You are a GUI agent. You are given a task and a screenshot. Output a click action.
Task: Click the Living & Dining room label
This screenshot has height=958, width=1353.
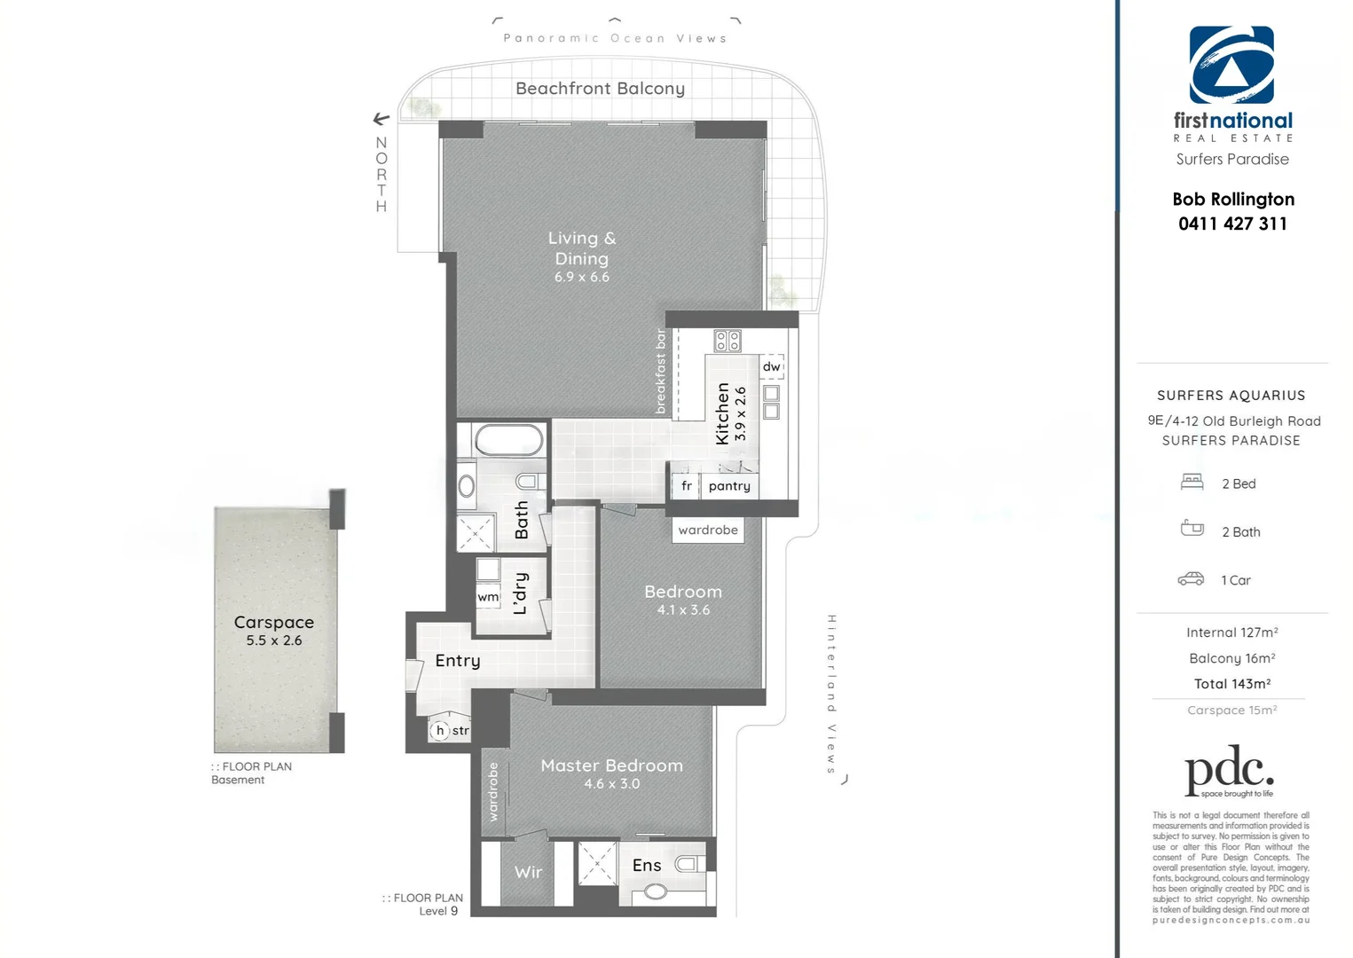click(x=581, y=248)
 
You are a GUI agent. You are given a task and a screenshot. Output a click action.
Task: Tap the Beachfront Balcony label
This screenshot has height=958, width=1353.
click(x=600, y=89)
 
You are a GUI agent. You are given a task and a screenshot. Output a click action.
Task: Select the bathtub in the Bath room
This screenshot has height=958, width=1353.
click(x=508, y=440)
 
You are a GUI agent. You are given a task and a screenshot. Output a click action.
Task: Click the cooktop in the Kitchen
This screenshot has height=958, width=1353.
click(x=728, y=341)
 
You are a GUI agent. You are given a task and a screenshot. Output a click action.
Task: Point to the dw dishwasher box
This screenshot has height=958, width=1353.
click(x=772, y=366)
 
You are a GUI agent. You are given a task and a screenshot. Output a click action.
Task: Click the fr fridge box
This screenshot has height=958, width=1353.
click(x=686, y=486)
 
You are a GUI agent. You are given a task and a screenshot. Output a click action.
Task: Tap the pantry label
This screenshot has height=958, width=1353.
click(x=729, y=486)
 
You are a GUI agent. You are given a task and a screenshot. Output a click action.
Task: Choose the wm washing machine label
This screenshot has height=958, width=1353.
click(x=488, y=597)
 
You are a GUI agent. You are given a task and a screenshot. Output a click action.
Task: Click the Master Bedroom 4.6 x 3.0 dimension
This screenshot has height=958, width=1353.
click(x=611, y=784)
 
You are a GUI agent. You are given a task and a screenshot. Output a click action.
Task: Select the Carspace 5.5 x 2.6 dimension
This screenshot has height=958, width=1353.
click(x=274, y=640)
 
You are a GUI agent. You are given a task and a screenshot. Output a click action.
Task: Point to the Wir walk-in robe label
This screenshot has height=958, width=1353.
click(x=528, y=872)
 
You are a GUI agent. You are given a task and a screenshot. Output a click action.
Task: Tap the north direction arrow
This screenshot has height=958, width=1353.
click(x=382, y=119)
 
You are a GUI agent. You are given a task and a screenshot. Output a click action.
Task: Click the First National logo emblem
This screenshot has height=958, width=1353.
click(x=1231, y=65)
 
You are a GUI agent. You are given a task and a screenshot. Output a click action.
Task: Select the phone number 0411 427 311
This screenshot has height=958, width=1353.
click(x=1232, y=224)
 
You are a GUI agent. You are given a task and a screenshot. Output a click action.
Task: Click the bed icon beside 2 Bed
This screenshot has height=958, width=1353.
click(x=1192, y=483)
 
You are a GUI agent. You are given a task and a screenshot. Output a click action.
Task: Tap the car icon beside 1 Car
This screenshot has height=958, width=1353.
click(x=1191, y=579)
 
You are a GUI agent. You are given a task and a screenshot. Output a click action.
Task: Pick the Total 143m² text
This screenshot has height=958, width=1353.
click(x=1231, y=684)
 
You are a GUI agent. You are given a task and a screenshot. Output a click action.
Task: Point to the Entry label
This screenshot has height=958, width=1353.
click(x=457, y=661)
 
